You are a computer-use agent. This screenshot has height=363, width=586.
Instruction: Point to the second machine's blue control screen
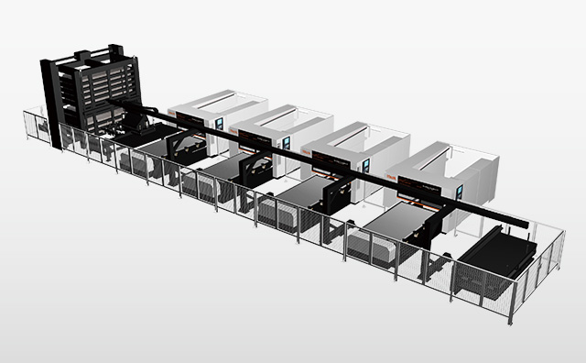tap(286, 143)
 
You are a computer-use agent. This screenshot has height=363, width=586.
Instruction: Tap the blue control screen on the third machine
tap(365, 164)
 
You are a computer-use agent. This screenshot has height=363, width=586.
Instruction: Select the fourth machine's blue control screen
tap(450, 187)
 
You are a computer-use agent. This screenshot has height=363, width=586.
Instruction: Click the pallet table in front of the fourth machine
tap(403, 220)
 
